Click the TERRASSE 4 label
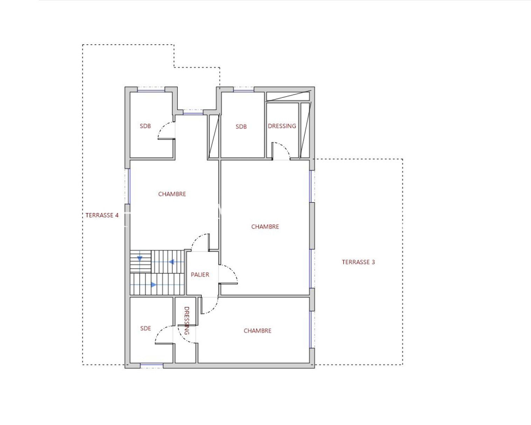(102, 215)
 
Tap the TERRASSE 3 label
(358, 262)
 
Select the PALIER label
(200, 275)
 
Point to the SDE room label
(145, 328)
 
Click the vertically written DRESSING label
(187, 321)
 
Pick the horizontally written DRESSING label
(282, 126)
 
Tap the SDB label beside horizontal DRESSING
(241, 126)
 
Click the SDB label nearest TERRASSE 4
(145, 126)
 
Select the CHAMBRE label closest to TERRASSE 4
(172, 194)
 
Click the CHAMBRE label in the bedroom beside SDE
(257, 331)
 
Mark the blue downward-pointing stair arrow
(140, 259)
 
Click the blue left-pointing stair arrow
(171, 262)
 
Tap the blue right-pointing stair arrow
(153, 285)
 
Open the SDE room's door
(160, 331)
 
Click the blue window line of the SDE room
(152, 364)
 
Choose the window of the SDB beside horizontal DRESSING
(243, 91)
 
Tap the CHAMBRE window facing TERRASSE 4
(129, 186)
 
